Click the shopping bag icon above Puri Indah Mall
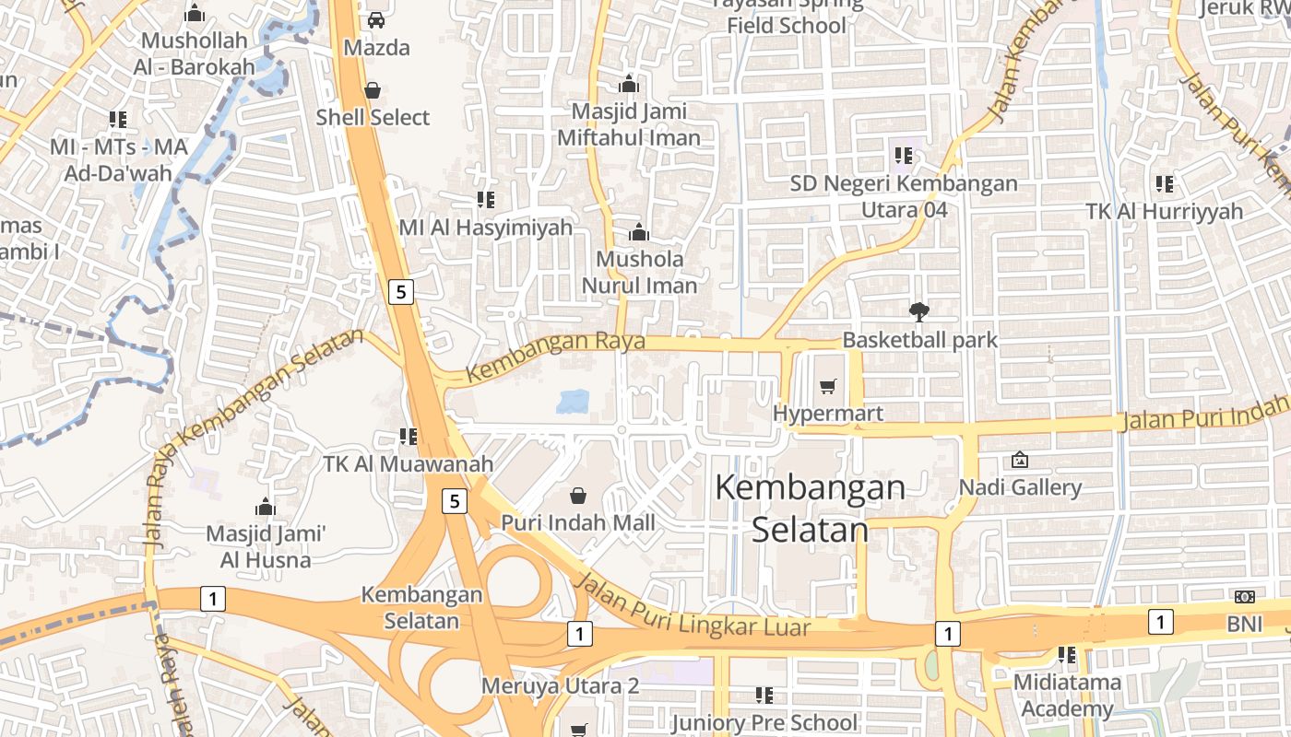578,496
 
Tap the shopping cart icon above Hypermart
828,387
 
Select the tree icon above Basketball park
918,312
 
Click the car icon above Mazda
375,19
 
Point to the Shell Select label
373,117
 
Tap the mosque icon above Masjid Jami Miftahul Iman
629,84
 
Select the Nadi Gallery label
1020,487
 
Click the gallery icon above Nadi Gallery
1020,459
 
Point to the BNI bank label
1244,624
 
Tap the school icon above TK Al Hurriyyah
1165,184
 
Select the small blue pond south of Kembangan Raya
573,401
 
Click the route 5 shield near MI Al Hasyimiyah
399,292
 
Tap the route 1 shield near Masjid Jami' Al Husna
213,600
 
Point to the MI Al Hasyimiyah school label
486,227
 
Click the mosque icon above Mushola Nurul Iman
638,231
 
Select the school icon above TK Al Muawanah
408,436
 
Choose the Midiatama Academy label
1067,696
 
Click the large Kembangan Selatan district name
810,508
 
